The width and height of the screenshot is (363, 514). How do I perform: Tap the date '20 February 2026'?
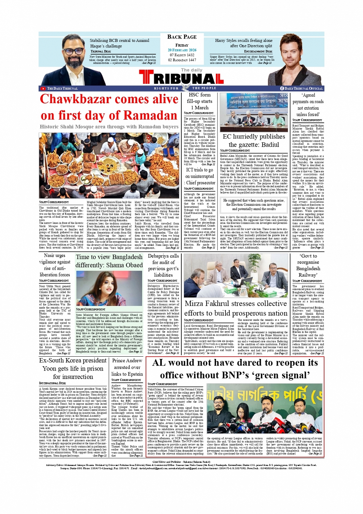coord(182,50)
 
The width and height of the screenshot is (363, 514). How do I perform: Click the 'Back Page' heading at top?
coord(182,37)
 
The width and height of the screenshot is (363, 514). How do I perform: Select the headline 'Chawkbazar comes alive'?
coord(109,99)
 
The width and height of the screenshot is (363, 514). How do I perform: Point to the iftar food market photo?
coord(109,165)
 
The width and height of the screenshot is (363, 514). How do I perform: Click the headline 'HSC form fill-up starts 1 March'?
coord(199,101)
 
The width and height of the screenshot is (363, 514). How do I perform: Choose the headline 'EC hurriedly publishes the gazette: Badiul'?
coord(254,140)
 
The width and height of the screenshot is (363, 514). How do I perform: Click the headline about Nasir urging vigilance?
coord(55,265)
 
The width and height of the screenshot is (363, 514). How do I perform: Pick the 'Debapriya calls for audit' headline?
coord(163,265)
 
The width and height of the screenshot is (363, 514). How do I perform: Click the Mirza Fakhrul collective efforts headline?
coord(235,308)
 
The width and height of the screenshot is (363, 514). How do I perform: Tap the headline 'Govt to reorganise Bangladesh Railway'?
coord(308,265)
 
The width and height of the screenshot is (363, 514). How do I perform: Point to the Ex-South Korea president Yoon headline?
coord(73,368)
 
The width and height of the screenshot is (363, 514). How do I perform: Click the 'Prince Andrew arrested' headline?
coord(127,367)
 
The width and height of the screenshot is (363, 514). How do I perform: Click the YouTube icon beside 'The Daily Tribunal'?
coord(43,88)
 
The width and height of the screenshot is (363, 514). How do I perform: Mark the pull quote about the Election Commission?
coord(254,205)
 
